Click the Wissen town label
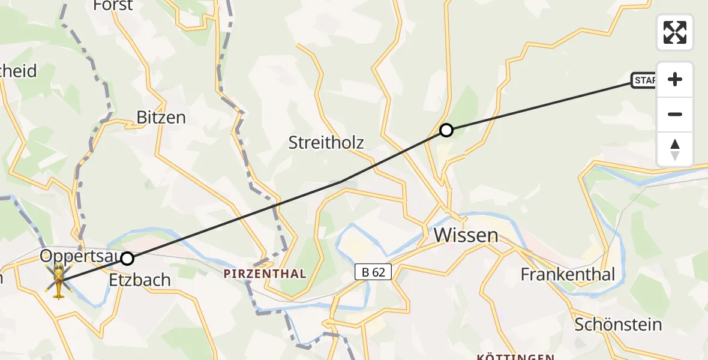[466, 235]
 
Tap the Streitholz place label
[326, 142]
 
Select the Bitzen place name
[161, 117]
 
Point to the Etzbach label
[140, 280]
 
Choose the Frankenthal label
[568, 274]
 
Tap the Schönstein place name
[618, 325]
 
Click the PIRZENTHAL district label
[265, 274]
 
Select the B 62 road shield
[373, 272]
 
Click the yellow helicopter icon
[59, 280]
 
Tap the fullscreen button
[675, 32]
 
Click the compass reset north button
[675, 149]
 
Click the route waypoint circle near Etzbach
[127, 259]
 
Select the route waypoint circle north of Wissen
[446, 130]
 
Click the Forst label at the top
[113, 5]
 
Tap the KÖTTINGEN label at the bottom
[515, 357]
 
